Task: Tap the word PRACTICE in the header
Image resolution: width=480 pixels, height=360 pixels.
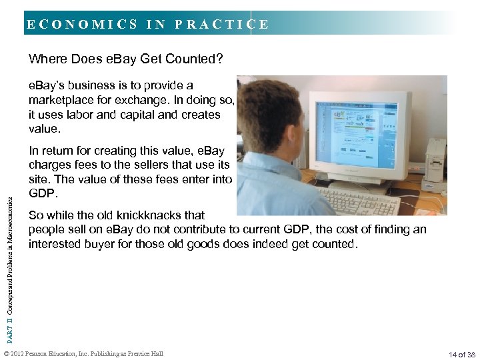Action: pyautogui.click(x=221, y=25)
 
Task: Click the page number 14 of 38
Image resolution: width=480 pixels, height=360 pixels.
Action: pyautogui.click(x=462, y=354)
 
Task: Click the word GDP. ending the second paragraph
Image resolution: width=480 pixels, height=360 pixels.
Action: pyautogui.click(x=41, y=194)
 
